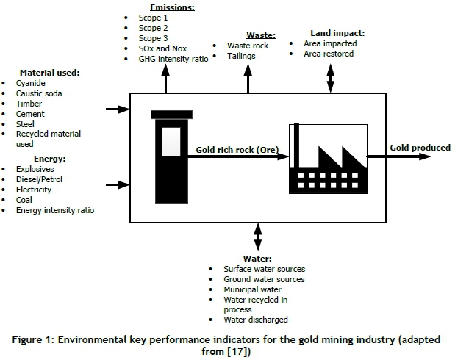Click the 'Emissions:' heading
(173, 7)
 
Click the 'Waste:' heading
(260, 35)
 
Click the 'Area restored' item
(329, 54)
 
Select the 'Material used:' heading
(50, 73)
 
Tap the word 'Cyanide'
(30, 84)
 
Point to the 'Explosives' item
(35, 168)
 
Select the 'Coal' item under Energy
(24, 199)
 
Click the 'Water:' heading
(257, 259)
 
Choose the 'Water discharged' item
(256, 320)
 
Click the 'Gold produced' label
(420, 148)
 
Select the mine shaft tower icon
(170, 151)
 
